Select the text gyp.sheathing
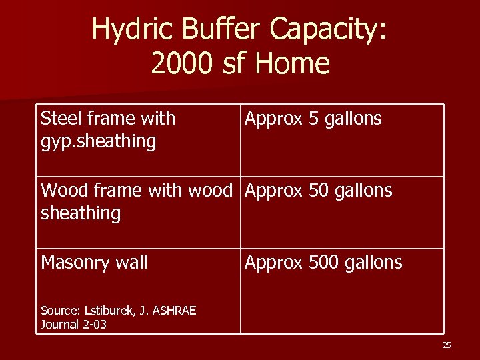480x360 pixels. pos(98,141)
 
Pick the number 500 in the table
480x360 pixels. pos(324,263)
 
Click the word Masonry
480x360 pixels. pos(74,263)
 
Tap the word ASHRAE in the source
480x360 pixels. pos(175,311)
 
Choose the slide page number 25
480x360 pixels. pos(447,345)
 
